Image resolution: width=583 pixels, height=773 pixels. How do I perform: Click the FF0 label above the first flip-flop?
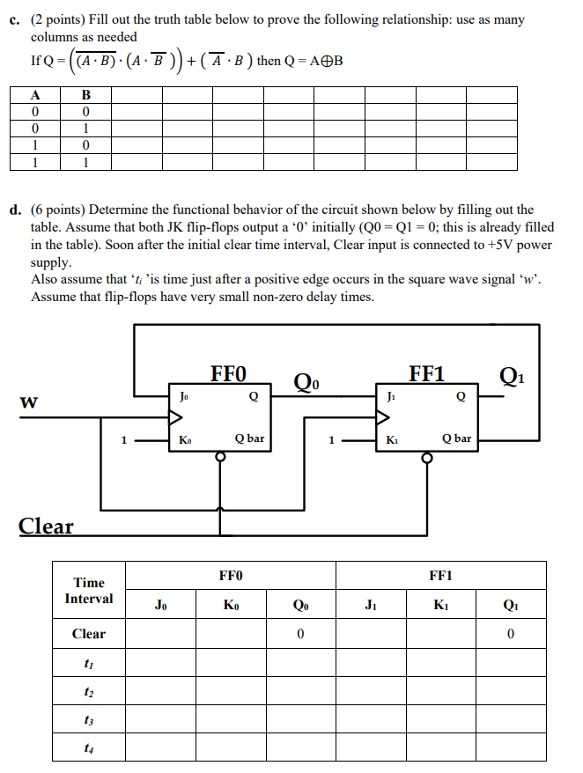(x=228, y=374)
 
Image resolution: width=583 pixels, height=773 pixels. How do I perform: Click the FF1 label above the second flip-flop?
(x=426, y=374)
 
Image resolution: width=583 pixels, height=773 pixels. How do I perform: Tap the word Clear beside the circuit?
(x=47, y=526)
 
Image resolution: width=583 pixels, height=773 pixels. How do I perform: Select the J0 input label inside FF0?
(x=183, y=396)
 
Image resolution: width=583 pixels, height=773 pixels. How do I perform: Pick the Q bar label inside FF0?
(x=249, y=438)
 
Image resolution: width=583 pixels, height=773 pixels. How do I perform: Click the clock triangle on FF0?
(x=176, y=416)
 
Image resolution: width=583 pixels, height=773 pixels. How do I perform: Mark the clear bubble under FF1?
(x=426, y=458)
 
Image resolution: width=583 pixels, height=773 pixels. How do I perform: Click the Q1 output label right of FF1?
(x=510, y=377)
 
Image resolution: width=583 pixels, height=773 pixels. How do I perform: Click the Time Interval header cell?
(x=89, y=591)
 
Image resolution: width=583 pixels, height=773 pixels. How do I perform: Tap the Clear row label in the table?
(x=89, y=634)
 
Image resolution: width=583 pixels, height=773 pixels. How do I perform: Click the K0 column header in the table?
(x=230, y=605)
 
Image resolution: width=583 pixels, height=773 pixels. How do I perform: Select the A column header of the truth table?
(x=35, y=95)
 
